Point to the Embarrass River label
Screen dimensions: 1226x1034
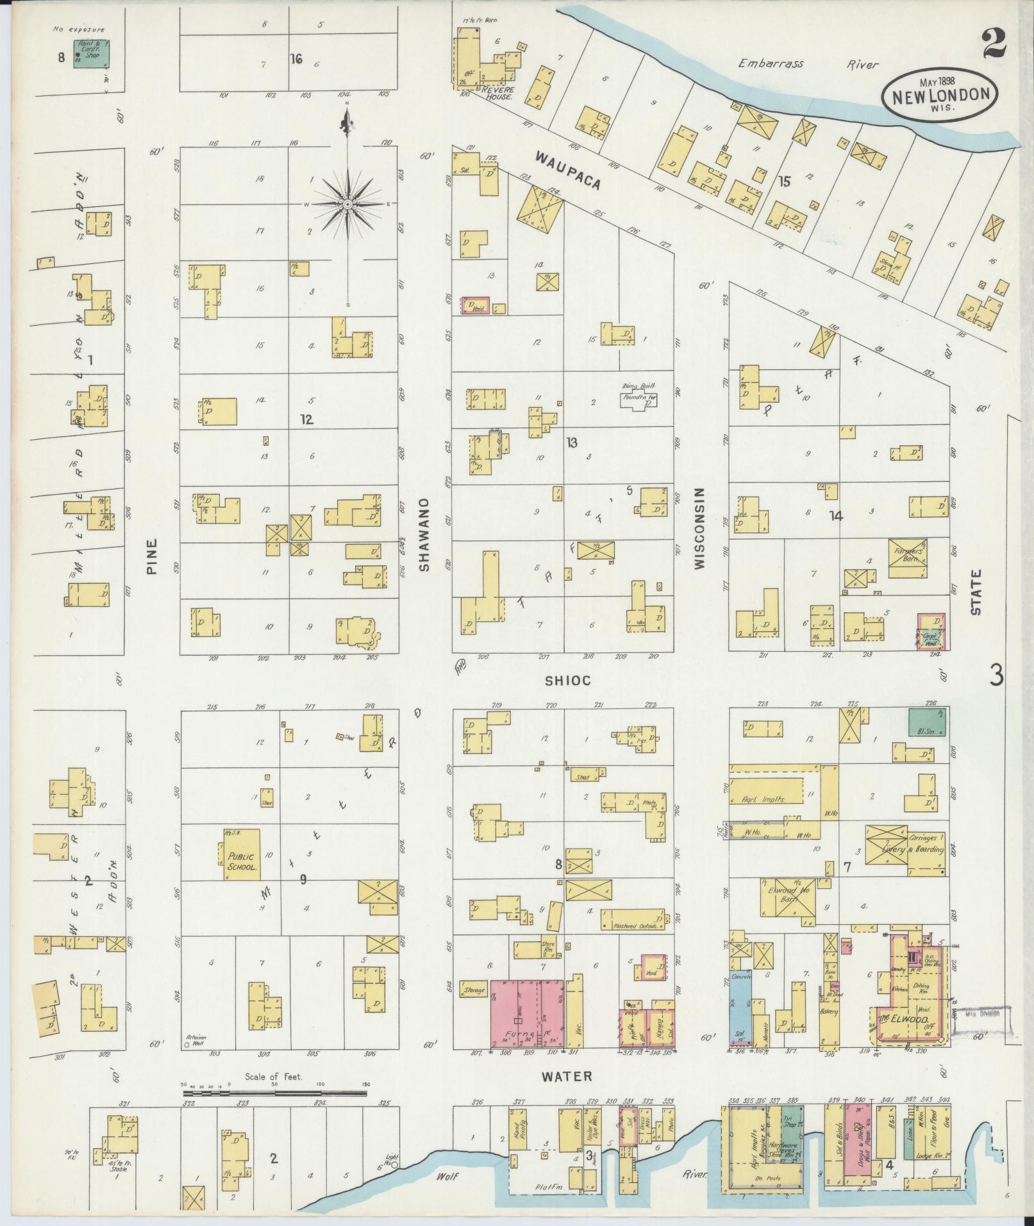[808, 64]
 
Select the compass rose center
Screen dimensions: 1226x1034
[347, 204]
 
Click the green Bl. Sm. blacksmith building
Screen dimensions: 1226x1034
[928, 722]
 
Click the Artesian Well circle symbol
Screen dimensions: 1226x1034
[187, 1045]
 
